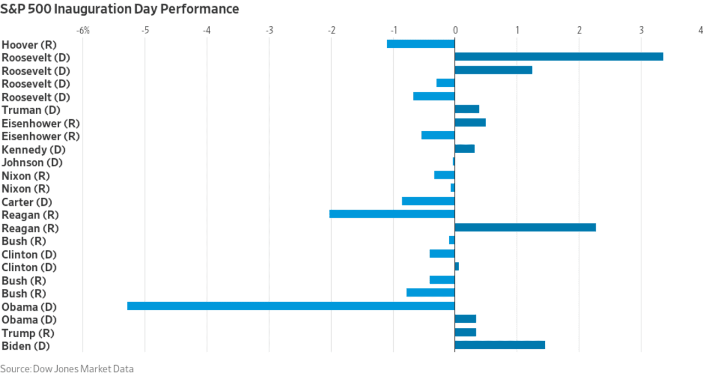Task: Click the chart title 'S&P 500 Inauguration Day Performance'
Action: pyautogui.click(x=120, y=9)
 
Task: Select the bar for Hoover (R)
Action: pyautogui.click(x=421, y=43)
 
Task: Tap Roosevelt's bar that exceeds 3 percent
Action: pyautogui.click(x=559, y=57)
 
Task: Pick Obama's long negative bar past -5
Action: pyautogui.click(x=291, y=306)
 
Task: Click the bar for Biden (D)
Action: pyautogui.click(x=500, y=345)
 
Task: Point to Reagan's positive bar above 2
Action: pyautogui.click(x=526, y=227)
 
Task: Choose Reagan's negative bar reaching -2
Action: pyautogui.click(x=392, y=214)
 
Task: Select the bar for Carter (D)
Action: pyautogui.click(x=428, y=201)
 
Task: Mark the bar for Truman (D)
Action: pyautogui.click(x=467, y=109)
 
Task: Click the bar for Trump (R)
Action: pyautogui.click(x=465, y=332)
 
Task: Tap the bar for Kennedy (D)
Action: pyautogui.click(x=465, y=149)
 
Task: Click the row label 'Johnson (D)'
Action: pyautogui.click(x=32, y=163)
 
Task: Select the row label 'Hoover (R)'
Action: pyautogui.click(x=29, y=45)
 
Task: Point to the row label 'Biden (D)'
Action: pyautogui.click(x=26, y=346)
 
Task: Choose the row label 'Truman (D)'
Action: pyautogui.click(x=31, y=110)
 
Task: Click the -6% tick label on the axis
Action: pyautogui.click(x=83, y=30)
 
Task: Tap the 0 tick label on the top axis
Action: pyautogui.click(x=455, y=30)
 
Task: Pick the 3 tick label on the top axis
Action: pyautogui.click(x=641, y=30)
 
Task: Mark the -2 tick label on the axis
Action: pyautogui.click(x=332, y=30)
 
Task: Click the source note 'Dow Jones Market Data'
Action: pyautogui.click(x=83, y=369)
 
